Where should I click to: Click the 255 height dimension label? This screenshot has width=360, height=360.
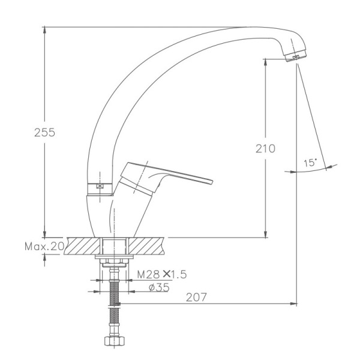[44, 133]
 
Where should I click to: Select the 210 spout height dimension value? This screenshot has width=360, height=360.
[265, 148]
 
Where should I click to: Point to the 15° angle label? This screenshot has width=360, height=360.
[310, 163]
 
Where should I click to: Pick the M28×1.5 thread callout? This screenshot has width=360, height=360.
[162, 275]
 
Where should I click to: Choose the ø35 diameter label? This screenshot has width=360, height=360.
[159, 287]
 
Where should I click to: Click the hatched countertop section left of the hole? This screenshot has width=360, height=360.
[83, 245]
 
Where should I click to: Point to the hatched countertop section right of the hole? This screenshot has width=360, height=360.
[148, 245]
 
